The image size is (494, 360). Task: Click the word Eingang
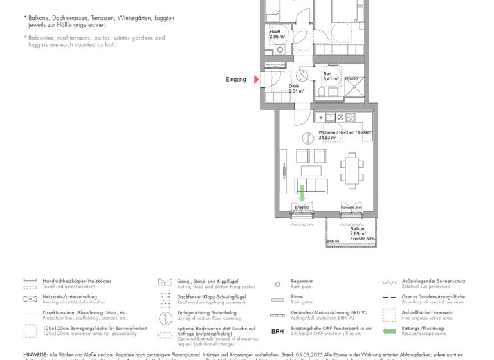click(235, 80)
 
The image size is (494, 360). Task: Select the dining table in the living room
click(351, 168)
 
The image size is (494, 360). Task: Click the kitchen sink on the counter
click(330, 117)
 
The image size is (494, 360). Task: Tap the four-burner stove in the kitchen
click(350, 117)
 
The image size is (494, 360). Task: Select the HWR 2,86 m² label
click(277, 34)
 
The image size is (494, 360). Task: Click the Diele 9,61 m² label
click(295, 89)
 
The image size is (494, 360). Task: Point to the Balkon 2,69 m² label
click(358, 231)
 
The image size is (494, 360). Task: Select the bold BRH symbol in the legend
click(277, 332)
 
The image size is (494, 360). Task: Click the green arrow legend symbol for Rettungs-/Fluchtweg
click(389, 332)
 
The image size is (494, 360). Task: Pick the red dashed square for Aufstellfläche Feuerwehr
click(389, 315)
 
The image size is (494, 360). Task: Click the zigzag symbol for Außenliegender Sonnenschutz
click(389, 282)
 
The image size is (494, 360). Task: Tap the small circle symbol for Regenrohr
click(277, 283)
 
